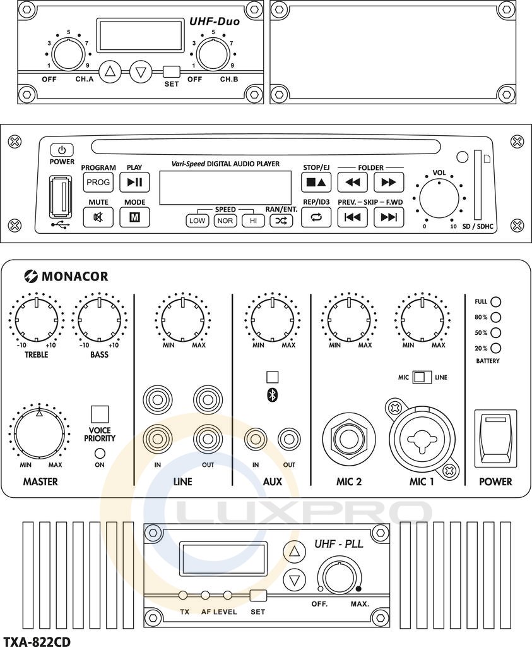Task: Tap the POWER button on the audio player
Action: (x=61, y=150)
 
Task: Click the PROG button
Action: (x=98, y=183)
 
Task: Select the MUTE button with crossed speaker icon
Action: (x=98, y=217)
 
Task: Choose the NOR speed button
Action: (x=225, y=221)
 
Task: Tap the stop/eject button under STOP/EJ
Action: (x=316, y=183)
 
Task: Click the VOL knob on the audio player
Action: (x=439, y=198)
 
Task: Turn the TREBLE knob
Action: (x=37, y=320)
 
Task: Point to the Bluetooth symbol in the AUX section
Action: (x=273, y=396)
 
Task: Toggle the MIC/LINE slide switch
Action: (x=422, y=377)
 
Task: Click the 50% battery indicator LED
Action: (x=496, y=332)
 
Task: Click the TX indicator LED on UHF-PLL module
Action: (x=184, y=595)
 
